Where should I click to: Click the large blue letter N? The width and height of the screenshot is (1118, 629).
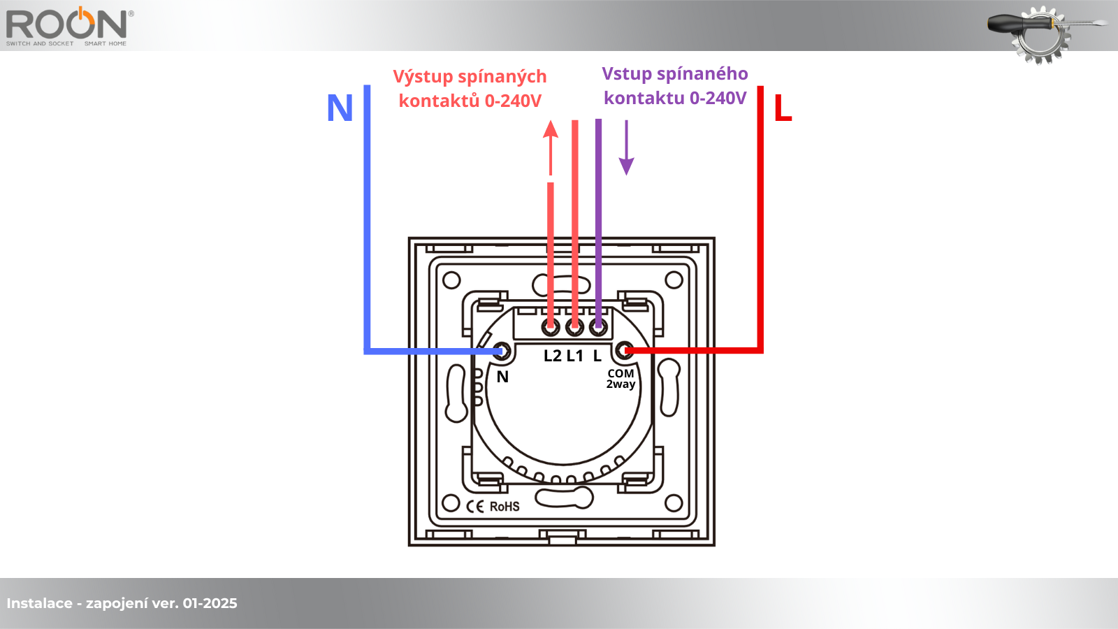pos(340,108)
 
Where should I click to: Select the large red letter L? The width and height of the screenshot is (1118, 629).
pos(783,109)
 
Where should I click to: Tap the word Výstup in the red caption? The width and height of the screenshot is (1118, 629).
pos(423,77)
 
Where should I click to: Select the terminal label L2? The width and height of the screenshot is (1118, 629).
pos(552,356)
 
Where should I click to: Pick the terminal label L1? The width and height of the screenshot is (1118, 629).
pos(574,356)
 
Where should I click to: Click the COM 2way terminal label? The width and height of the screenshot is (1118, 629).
pos(620,379)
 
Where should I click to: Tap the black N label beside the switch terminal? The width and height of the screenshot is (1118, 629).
pos(502,377)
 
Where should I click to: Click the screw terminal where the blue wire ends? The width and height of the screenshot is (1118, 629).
pos(501,351)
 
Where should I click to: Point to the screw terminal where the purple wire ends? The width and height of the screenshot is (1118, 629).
pos(598,326)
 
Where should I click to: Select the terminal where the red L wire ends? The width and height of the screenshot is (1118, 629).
pos(625,350)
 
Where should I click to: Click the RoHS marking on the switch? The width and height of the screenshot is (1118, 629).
pos(504,507)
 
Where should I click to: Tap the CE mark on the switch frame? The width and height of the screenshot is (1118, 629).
pos(475,507)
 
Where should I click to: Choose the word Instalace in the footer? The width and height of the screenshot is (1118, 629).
pos(39,603)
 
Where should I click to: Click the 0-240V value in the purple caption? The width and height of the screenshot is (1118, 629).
pos(718,99)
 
